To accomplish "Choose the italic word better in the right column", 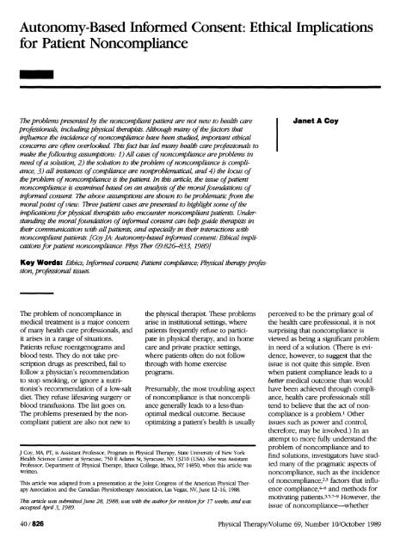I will click(x=285, y=387).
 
